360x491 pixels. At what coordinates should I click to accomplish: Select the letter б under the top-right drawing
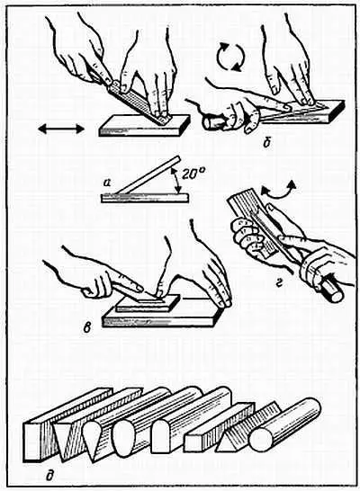coord(267,144)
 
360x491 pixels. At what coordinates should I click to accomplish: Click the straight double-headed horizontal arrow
coord(61,129)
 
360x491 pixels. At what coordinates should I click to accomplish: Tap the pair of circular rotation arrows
coord(230,57)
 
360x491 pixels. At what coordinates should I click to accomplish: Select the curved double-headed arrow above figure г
coord(278,191)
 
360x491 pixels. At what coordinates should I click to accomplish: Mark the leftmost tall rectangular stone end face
coord(32,442)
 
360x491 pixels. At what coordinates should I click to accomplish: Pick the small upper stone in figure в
coord(148,303)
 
